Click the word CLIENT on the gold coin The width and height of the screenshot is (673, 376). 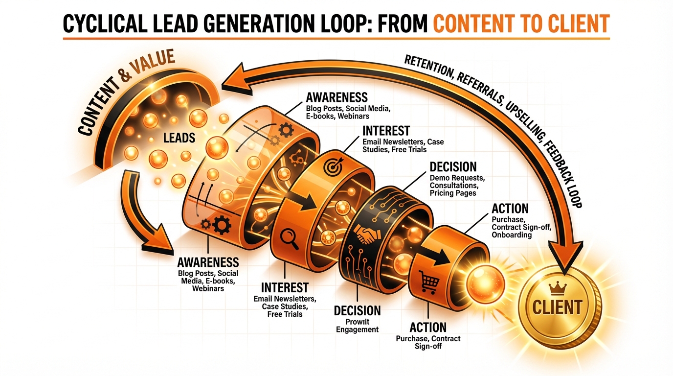pyautogui.click(x=557, y=307)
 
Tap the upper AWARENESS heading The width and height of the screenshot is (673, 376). pyautogui.click(x=336, y=96)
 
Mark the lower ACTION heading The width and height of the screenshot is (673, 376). pyautogui.click(x=428, y=328)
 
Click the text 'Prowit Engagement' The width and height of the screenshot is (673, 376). pyautogui.click(x=357, y=326)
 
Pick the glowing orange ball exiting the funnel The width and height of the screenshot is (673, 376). pyautogui.click(x=485, y=282)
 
